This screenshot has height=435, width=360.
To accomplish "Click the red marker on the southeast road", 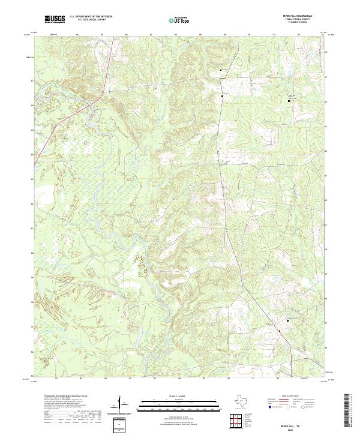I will point(279,331).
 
